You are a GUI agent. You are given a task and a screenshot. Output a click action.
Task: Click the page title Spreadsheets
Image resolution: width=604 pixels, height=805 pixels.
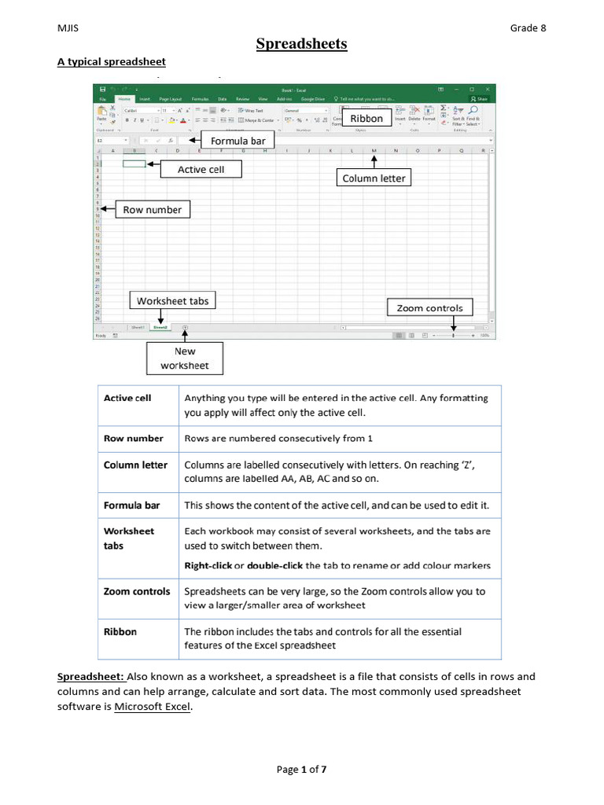click(301, 44)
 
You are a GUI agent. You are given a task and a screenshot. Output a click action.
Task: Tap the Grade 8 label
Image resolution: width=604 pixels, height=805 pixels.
click(528, 28)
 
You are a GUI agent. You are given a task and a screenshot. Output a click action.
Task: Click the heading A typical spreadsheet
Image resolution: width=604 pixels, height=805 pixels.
click(111, 61)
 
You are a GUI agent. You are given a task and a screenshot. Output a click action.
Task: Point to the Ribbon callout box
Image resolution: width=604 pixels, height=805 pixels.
click(366, 119)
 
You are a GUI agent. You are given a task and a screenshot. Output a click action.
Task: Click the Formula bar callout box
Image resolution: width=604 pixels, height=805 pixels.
click(237, 141)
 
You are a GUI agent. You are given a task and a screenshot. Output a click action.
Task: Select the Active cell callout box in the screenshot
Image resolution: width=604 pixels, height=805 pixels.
click(201, 169)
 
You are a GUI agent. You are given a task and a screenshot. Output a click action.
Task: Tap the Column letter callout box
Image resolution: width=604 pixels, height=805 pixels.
click(374, 178)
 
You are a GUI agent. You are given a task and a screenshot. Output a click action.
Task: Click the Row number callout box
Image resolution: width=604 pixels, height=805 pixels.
click(152, 210)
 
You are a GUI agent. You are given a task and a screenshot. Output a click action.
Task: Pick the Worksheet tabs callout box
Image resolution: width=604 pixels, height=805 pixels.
click(172, 301)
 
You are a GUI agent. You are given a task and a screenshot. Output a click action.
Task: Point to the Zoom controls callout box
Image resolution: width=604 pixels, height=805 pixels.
click(429, 308)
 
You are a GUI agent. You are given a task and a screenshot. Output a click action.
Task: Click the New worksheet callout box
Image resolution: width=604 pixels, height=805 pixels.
click(185, 358)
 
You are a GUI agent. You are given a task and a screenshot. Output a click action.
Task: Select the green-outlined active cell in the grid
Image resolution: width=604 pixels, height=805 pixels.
click(134, 164)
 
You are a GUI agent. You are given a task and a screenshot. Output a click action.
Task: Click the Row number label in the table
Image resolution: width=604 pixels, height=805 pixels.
click(134, 439)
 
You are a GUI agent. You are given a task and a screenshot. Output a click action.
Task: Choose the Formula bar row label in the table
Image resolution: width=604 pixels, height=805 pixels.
click(131, 505)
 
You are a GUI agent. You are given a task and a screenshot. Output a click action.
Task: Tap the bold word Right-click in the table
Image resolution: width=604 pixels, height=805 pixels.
click(207, 565)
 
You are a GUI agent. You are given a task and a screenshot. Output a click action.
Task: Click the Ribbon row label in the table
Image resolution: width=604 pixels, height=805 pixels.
click(120, 631)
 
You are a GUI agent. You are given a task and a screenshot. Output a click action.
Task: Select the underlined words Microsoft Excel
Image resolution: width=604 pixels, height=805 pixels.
click(153, 706)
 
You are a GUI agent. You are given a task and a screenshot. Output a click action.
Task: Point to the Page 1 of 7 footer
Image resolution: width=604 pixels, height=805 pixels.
click(301, 770)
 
